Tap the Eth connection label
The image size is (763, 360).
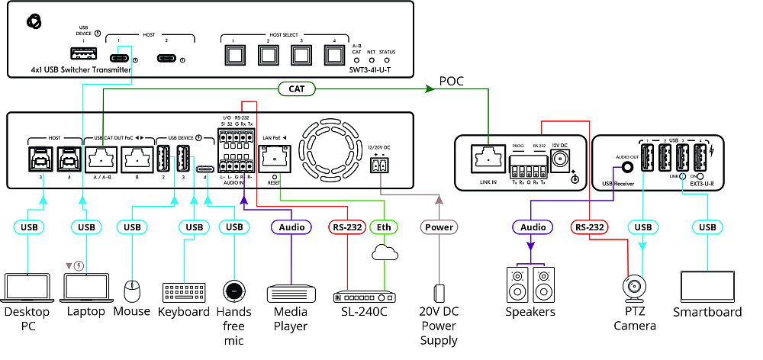point(384,227)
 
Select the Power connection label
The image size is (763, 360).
point(439,227)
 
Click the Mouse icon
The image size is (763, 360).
point(132,291)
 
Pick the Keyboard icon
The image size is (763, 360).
point(184,293)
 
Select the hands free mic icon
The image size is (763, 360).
point(233,291)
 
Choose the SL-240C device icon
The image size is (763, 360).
point(362,296)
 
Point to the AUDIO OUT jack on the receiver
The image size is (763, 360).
point(627,167)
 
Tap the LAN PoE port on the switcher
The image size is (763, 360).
point(272,159)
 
